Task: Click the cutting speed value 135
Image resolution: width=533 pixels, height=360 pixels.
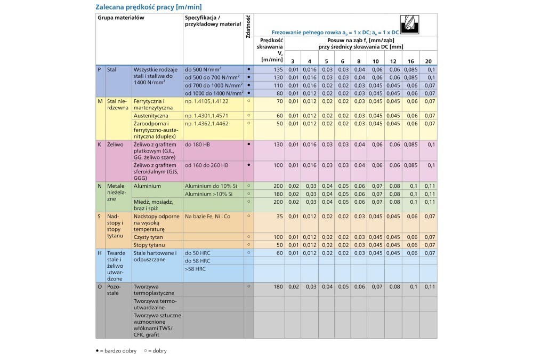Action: [276, 70]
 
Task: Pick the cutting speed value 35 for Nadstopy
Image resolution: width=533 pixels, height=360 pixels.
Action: [278, 217]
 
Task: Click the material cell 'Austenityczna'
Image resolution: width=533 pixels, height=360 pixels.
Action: [151, 115]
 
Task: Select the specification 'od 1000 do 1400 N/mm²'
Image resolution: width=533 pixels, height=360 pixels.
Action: [213, 93]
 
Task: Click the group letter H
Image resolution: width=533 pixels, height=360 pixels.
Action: [99, 253]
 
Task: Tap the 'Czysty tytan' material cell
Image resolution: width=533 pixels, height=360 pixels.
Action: [149, 237]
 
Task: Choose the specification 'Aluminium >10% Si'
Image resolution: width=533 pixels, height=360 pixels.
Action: [209, 194]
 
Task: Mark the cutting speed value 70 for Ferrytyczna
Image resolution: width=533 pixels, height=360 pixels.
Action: [278, 100]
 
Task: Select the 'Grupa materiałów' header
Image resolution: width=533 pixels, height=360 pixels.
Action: [121, 18]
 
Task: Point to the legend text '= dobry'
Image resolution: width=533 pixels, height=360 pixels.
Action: [157, 351]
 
